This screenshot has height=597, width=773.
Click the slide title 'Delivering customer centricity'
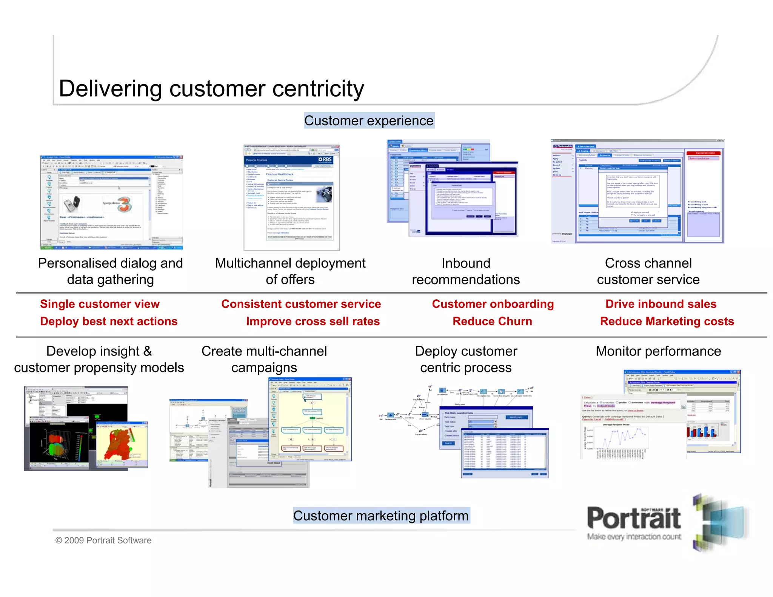(x=211, y=89)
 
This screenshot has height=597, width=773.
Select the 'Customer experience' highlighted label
(x=369, y=121)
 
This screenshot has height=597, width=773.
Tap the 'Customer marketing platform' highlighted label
(x=381, y=515)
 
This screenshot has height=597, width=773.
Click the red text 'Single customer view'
(x=100, y=304)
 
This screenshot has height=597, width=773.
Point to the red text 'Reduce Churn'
(x=492, y=321)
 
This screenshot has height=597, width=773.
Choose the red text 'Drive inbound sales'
(x=661, y=304)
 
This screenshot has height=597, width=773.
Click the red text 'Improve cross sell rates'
(x=313, y=321)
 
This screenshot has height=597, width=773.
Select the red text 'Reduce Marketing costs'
(x=667, y=321)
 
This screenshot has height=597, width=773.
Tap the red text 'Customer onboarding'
(x=493, y=304)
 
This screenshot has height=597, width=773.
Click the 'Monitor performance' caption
(x=658, y=351)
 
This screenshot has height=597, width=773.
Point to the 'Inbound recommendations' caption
(x=466, y=271)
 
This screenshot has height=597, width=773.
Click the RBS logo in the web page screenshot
(x=325, y=160)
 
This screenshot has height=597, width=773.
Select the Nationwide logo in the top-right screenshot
(x=563, y=146)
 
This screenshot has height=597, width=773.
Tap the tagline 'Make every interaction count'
(x=634, y=537)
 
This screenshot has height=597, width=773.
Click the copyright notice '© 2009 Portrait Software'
(x=103, y=540)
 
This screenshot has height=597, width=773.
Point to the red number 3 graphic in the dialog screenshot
(x=125, y=205)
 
